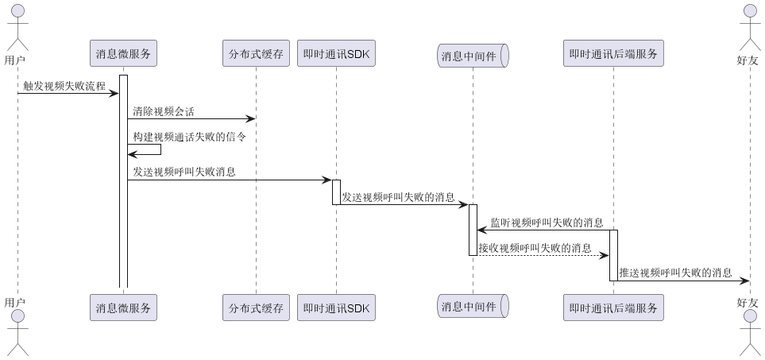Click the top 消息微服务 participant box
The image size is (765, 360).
[123, 54]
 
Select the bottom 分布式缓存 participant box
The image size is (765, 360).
[256, 308]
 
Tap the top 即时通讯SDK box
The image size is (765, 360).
[336, 54]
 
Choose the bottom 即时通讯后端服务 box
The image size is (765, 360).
[613, 308]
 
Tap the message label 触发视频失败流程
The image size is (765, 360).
[64, 86]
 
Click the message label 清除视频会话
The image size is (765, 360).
[164, 111]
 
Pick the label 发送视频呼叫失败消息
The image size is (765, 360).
[184, 171]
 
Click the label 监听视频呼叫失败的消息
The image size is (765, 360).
[547, 222]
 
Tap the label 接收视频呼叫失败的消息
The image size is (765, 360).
[535, 247]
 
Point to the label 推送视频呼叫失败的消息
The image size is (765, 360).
[675, 272]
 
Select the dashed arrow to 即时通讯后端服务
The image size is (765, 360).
[543, 255]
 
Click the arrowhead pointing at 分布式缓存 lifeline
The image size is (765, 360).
[250, 119]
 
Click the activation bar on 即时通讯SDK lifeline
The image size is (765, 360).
[336, 192]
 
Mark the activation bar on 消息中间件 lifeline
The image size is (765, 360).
[473, 230]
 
